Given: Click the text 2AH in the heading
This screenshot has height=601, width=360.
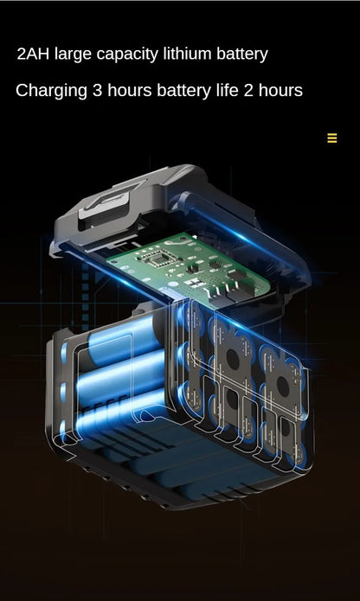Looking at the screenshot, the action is [33, 54].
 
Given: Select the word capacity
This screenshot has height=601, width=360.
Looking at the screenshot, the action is [127, 54].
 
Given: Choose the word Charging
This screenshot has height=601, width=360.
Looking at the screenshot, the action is [51, 92].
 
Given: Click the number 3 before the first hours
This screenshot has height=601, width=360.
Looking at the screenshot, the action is [97, 91].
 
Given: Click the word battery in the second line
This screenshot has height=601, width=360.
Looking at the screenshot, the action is [183, 92].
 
